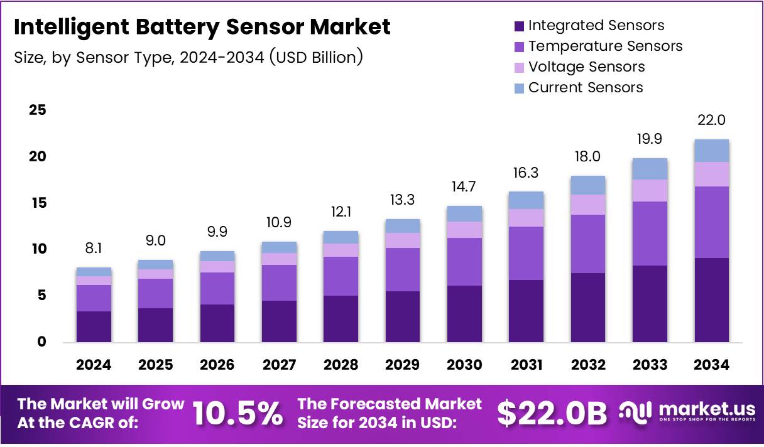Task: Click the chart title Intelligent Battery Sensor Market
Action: (202, 27)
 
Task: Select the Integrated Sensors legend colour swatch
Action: (518, 26)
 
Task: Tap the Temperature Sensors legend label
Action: (605, 46)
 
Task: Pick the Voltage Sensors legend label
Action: (586, 67)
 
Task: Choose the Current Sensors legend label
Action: (586, 87)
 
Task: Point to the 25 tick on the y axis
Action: (38, 110)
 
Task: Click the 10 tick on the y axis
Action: (38, 249)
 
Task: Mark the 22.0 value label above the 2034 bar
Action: (711, 121)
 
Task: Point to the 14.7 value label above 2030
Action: (464, 187)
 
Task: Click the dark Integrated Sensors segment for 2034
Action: (711, 299)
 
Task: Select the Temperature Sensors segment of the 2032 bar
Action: (587, 244)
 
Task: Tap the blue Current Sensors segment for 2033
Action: (649, 169)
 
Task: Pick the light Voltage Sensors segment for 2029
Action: (402, 240)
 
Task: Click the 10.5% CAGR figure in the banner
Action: (237, 414)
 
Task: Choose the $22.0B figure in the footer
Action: (552, 414)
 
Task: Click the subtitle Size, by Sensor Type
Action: (188, 57)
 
